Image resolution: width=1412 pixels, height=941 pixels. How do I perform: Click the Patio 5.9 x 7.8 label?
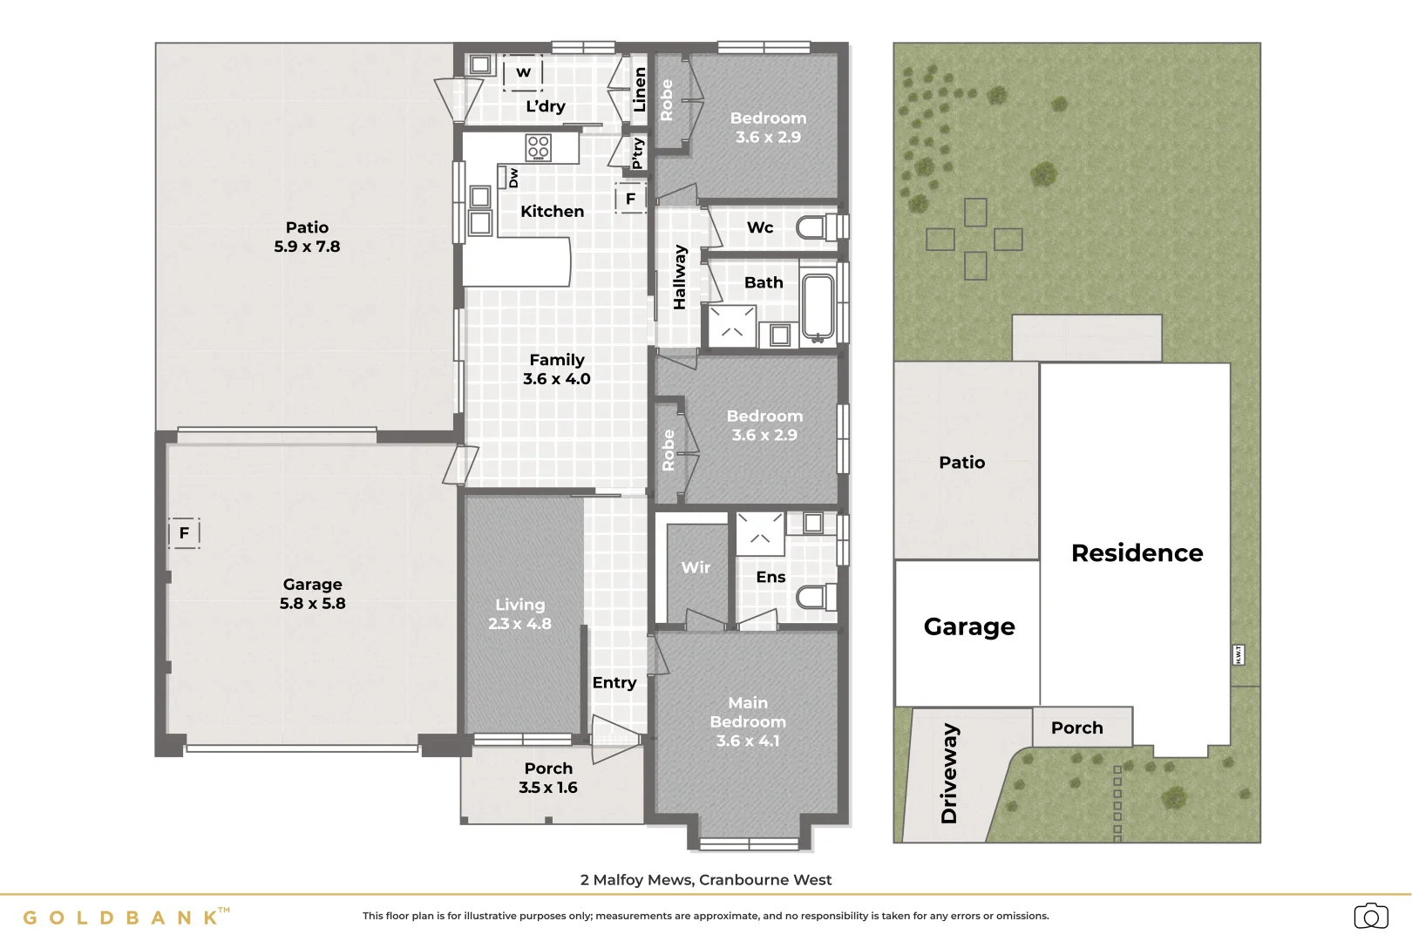pos(307,237)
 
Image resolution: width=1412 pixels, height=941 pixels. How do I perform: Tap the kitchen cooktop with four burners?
pos(538,147)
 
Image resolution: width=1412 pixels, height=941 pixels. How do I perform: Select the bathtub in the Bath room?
pos(818,306)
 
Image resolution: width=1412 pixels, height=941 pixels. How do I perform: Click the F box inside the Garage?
pos(184,532)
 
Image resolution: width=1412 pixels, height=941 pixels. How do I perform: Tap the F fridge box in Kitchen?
pos(630,199)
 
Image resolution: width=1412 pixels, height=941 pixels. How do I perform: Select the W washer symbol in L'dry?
pos(523,72)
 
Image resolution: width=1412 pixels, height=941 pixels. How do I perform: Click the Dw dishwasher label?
pos(513,178)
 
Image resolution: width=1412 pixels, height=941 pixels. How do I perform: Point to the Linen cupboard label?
pos(640,90)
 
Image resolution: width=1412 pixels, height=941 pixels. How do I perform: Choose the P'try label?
pos(637,153)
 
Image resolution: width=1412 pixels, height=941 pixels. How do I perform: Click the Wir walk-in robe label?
pos(696,567)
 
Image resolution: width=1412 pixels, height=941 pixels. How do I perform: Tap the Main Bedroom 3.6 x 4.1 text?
pos(748,721)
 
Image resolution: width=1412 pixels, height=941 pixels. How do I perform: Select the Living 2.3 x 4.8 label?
pos(519,613)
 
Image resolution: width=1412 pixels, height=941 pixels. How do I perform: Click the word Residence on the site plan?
pos(1137,552)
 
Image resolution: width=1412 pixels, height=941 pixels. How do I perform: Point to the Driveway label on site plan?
pos(949,773)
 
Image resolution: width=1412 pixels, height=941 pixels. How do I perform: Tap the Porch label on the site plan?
pos(1076,728)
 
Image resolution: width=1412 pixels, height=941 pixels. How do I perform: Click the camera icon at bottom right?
pos(1370,916)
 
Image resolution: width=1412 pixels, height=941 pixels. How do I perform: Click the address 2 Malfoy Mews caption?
pos(706,879)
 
